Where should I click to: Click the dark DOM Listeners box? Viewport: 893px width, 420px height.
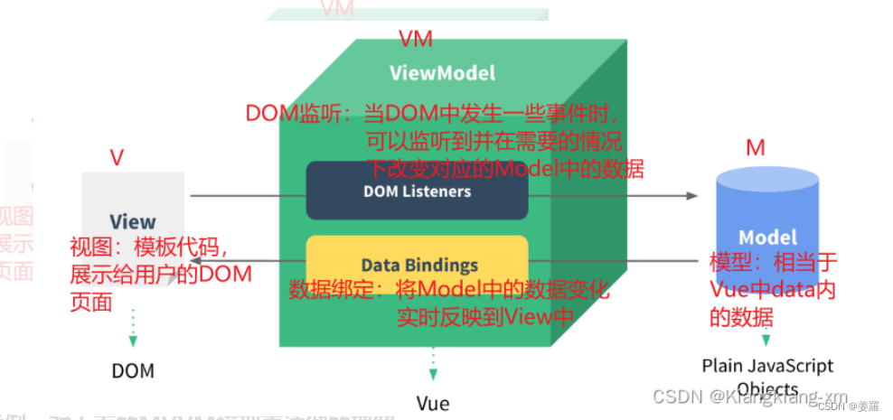tap(417, 191)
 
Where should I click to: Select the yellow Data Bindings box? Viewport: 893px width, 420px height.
tap(417, 265)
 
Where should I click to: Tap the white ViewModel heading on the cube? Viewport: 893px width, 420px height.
tap(442, 72)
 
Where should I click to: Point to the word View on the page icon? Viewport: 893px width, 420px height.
tap(132, 221)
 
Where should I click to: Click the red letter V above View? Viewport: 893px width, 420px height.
tap(117, 157)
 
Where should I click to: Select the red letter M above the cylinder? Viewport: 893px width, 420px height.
tap(755, 146)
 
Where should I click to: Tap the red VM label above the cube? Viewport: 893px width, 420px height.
tap(416, 39)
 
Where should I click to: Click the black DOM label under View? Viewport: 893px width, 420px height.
tap(133, 370)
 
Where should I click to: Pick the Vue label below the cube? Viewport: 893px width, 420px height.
tap(433, 403)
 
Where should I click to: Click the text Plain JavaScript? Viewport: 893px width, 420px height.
tap(767, 366)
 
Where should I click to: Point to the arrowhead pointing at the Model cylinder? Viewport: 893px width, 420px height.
tap(692, 196)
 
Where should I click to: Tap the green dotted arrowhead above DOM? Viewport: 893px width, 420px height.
tap(133, 341)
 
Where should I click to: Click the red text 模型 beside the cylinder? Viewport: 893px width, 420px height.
tap(728, 263)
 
